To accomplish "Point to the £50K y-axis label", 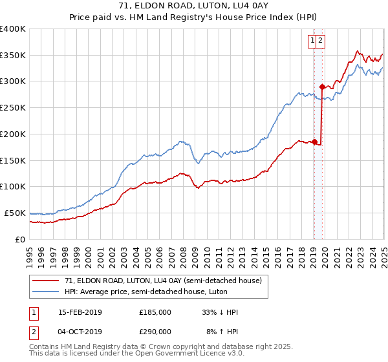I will [15, 213].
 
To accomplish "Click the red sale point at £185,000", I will [314, 142].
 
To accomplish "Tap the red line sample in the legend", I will [46, 281].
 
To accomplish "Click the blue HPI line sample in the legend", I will [46, 292].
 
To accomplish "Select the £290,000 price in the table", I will [155, 330].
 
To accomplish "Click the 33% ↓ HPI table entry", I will [220, 312].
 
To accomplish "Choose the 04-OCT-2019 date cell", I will [80, 330].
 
